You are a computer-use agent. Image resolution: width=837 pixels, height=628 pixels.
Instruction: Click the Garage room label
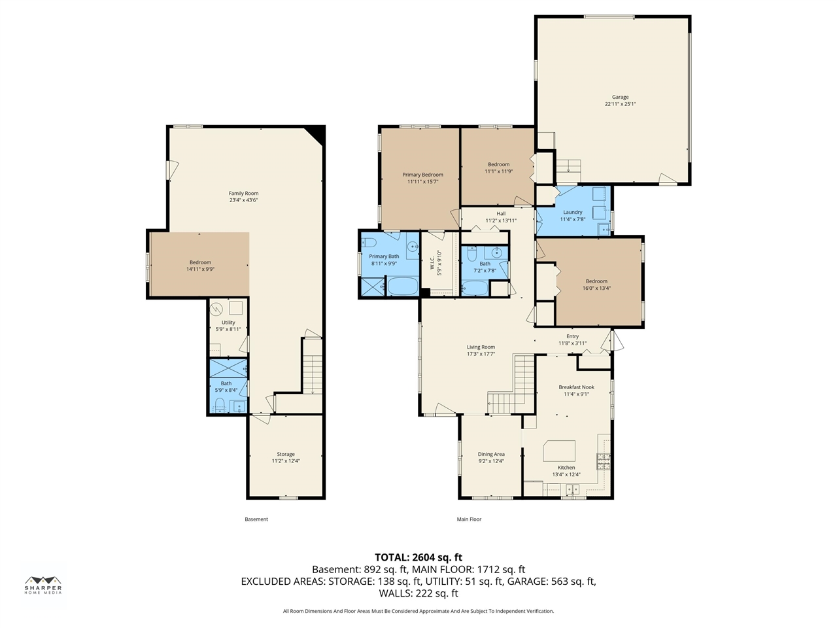(620, 97)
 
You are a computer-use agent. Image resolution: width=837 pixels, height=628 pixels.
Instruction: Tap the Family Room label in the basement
(243, 193)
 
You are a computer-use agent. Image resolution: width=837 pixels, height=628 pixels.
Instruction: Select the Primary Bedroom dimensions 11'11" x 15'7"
(422, 181)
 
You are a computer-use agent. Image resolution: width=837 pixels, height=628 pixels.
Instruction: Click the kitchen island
(559, 451)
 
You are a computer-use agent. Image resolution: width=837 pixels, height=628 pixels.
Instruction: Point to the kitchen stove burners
(604, 461)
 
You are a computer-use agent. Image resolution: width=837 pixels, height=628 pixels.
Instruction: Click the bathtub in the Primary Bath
(403, 287)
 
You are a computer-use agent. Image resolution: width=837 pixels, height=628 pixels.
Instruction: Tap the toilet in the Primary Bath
(368, 243)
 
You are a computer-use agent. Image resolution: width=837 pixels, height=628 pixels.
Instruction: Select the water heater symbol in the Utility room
(216, 308)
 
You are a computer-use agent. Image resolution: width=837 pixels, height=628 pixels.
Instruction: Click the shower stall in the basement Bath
(228, 368)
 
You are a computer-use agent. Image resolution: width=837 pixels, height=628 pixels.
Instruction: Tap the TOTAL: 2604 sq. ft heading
(418, 557)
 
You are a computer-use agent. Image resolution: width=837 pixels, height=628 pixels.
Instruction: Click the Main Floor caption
(469, 519)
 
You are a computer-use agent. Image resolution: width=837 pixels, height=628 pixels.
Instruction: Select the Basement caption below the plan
(256, 519)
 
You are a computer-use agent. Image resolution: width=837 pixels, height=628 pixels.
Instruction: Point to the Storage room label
(286, 454)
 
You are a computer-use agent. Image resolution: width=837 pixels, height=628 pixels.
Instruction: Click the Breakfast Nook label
(576, 387)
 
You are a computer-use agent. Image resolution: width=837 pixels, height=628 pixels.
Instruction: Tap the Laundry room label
(572, 212)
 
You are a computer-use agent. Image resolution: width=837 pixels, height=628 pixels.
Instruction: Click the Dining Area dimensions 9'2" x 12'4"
(491, 461)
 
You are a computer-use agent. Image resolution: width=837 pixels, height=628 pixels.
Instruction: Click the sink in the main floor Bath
(496, 253)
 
